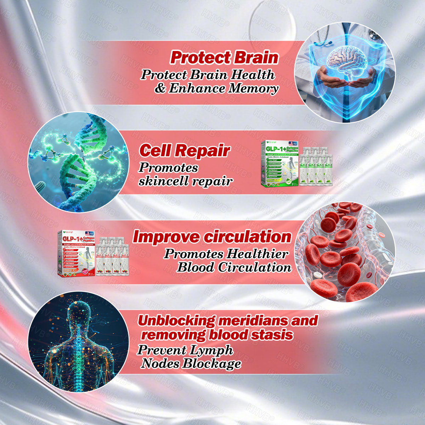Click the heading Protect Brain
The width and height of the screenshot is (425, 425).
point(224,57)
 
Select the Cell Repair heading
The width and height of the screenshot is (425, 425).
point(185,151)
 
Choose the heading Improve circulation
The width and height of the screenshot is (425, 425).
point(212,237)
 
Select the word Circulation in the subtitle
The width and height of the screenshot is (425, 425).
point(254,267)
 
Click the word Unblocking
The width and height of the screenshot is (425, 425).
point(176,321)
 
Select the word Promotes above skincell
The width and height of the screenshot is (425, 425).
point(168,168)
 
